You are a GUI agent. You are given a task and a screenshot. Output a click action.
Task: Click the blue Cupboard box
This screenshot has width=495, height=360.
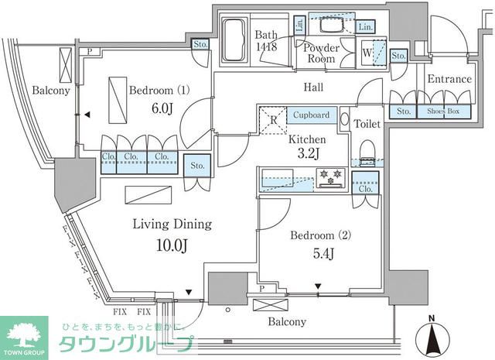tap(312, 115)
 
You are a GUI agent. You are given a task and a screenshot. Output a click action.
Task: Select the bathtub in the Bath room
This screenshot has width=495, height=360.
tap(233, 41)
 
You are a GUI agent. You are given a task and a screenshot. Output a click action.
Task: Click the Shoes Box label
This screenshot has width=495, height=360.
tap(443, 111)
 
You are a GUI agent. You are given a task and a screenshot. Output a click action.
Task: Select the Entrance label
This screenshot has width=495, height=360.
tap(449, 79)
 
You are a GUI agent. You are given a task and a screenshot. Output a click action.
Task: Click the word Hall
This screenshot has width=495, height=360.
tap(313, 87)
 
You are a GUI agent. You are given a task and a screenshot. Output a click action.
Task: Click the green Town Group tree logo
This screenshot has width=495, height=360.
tap(26, 333)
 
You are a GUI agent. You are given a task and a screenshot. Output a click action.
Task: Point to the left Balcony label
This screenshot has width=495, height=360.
tap(29, 91)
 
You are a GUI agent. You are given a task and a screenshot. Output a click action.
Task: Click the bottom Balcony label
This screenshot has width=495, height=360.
tap(287, 321)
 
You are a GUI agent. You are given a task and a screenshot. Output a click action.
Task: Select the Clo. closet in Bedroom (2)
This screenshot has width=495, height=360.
tap(366, 187)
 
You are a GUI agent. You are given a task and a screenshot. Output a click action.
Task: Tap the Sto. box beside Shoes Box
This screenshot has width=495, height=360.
tap(404, 111)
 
